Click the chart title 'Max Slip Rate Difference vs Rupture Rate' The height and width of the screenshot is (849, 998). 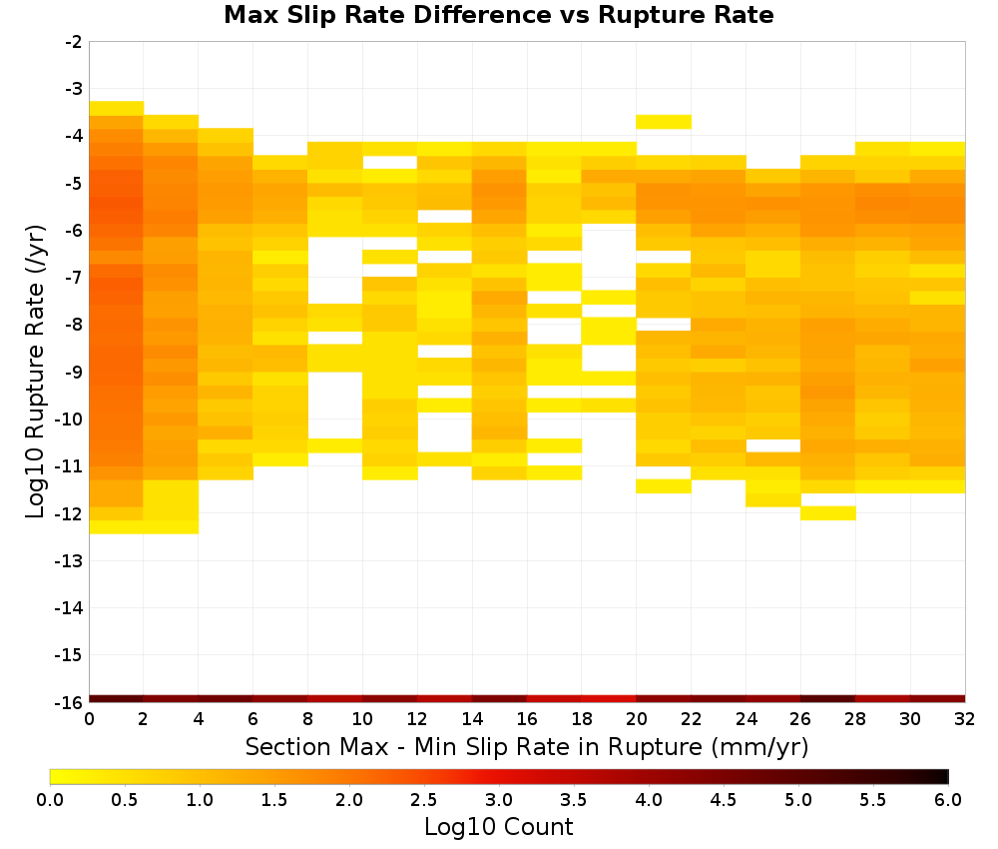pyautogui.click(x=498, y=15)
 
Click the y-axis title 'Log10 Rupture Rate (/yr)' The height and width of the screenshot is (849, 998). pyautogui.click(x=35, y=372)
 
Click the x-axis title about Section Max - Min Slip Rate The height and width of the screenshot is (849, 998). pyautogui.click(x=526, y=747)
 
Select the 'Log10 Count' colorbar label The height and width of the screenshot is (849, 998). pyautogui.click(x=498, y=827)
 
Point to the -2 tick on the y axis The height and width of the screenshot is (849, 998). pyautogui.click(x=74, y=42)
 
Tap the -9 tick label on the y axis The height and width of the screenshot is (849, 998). pyautogui.click(x=74, y=372)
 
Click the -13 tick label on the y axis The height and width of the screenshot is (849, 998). pyautogui.click(x=70, y=560)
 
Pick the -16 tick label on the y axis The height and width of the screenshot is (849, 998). pyautogui.click(x=70, y=702)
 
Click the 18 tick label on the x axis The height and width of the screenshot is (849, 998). pyautogui.click(x=582, y=719)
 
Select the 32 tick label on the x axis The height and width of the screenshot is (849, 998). pyautogui.click(x=965, y=719)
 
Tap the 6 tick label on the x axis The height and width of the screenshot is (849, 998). pyautogui.click(x=253, y=719)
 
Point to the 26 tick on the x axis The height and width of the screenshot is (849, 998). pyautogui.click(x=800, y=719)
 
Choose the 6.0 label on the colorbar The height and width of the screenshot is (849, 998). pyautogui.click(x=948, y=800)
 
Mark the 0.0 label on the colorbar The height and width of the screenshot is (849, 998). pyautogui.click(x=50, y=800)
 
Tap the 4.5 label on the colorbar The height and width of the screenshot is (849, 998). pyautogui.click(x=723, y=800)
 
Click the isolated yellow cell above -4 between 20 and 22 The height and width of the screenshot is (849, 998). pyautogui.click(x=664, y=122)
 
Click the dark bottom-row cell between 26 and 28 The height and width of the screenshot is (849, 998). pyautogui.click(x=828, y=699)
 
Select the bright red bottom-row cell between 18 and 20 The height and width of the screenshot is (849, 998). pyautogui.click(x=609, y=699)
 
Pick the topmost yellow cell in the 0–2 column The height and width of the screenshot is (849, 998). pyautogui.click(x=117, y=108)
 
